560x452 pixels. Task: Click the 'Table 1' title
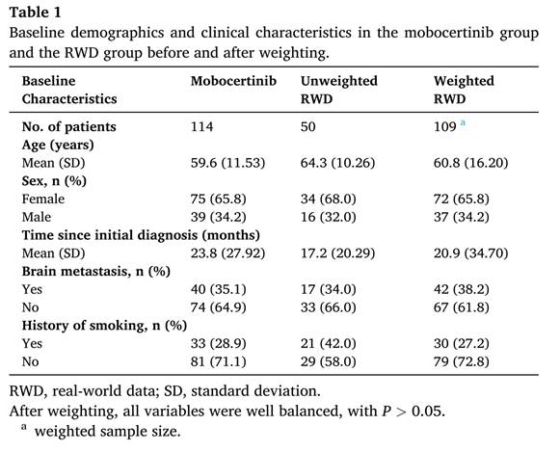point(35,13)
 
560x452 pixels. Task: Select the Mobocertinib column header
point(233,81)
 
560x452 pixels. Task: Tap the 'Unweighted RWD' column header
point(338,90)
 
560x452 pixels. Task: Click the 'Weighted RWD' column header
point(464,90)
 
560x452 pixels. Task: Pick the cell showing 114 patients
point(201,127)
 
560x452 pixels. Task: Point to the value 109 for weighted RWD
point(444,127)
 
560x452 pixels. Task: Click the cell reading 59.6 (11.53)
point(227,163)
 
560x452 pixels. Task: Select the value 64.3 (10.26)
point(337,163)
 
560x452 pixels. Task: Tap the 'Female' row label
point(43,199)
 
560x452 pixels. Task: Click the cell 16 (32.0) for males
point(329,217)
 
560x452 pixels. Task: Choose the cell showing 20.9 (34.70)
point(470,253)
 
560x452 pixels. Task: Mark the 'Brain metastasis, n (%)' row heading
point(96,272)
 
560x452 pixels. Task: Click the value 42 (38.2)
point(461,289)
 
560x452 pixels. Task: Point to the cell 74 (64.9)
point(218,307)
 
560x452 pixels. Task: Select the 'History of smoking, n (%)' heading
point(104,326)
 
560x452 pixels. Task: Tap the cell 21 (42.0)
point(329,343)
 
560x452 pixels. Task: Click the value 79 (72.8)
point(461,361)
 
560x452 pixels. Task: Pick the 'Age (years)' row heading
point(58,145)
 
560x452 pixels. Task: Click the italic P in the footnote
point(386,411)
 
